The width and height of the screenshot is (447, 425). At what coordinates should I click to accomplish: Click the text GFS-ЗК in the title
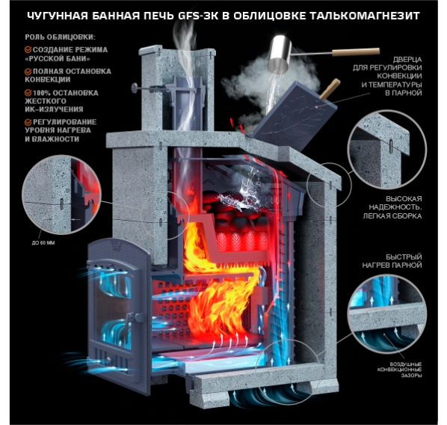click(198, 16)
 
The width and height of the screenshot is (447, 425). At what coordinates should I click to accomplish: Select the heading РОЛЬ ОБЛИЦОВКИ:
click(60, 37)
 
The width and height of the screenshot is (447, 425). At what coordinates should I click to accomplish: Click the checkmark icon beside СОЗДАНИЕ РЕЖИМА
click(28, 49)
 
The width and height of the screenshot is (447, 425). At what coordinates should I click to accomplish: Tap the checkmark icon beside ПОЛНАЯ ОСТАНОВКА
click(28, 71)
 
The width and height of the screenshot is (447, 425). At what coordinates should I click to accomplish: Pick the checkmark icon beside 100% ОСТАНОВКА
click(28, 93)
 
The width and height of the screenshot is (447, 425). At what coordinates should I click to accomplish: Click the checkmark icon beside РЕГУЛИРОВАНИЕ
click(28, 122)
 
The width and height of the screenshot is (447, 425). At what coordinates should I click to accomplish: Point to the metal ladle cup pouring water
click(280, 53)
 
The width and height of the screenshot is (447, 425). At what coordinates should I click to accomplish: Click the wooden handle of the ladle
click(356, 52)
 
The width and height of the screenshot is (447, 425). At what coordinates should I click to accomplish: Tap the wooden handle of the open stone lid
click(330, 89)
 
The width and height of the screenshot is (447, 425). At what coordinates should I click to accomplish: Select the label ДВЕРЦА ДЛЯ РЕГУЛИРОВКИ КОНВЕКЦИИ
click(387, 76)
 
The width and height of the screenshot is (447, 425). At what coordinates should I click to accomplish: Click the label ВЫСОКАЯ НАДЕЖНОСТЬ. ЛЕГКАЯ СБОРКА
click(392, 207)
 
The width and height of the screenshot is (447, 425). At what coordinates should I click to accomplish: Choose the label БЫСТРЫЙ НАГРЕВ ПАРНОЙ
click(392, 261)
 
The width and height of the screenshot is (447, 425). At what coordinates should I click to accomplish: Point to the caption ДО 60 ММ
click(43, 243)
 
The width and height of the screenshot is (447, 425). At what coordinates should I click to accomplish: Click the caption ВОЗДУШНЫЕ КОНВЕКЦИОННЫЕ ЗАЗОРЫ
click(399, 370)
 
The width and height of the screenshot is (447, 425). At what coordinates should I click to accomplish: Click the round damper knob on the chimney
click(135, 88)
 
